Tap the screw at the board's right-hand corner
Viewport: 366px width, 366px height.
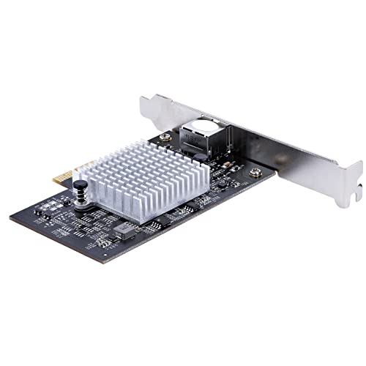254,173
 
